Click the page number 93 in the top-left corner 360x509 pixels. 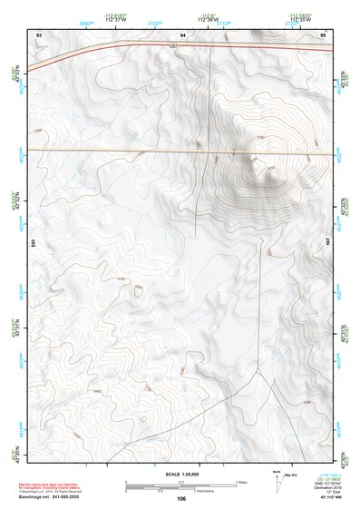(39, 34)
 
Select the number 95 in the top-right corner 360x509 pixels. (323, 34)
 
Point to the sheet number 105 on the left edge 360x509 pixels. (32, 243)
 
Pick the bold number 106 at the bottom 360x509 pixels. (181, 498)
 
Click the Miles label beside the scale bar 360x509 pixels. (241, 481)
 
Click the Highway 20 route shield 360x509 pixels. (172, 44)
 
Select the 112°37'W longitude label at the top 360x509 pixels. (114, 18)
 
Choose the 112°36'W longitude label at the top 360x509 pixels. (208, 18)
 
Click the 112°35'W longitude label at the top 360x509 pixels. (300, 18)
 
